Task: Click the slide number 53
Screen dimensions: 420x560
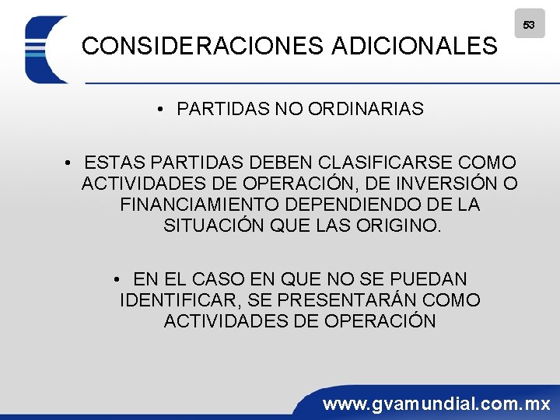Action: (529, 25)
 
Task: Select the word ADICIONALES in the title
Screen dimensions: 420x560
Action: (415, 47)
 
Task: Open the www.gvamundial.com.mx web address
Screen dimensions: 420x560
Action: (437, 404)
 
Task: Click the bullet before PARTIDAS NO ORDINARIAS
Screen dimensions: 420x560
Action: (159, 110)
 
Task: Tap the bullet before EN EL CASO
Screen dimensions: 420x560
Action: (115, 279)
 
